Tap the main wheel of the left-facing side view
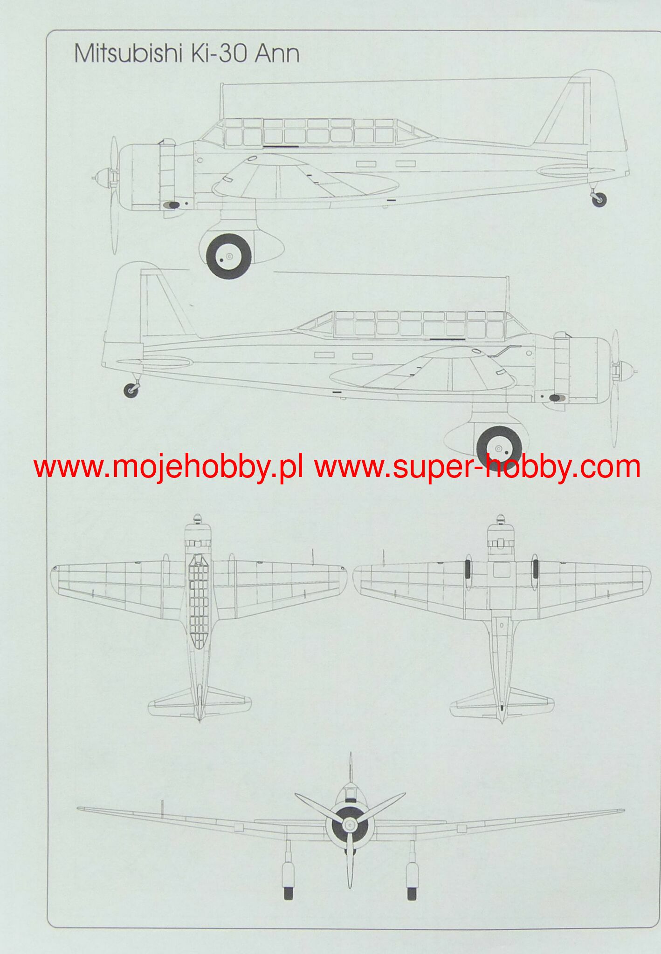228,256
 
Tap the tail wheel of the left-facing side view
599,199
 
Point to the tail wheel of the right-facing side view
131,390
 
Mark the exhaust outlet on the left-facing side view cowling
173,204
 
